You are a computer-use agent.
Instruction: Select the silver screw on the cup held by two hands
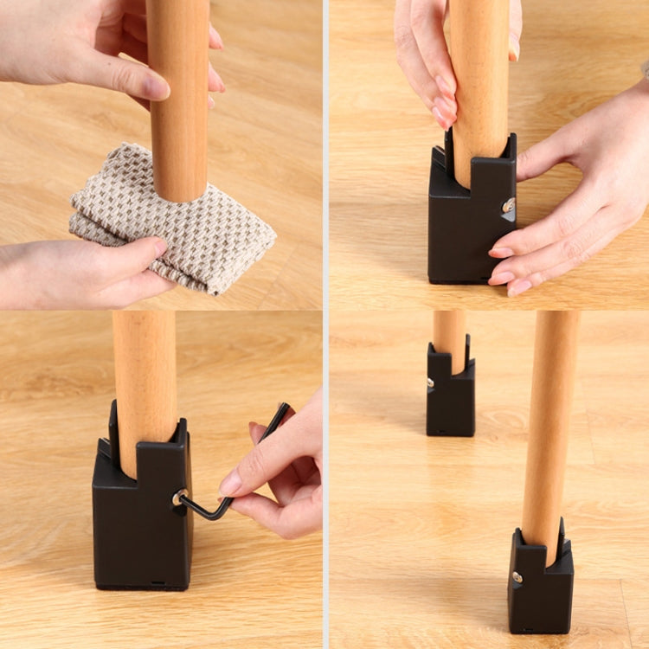tap(509, 205)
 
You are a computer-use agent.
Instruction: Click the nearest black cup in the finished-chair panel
tap(540, 588)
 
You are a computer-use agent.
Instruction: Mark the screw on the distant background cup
tap(430, 382)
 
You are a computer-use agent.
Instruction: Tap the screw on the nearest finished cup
tap(517, 576)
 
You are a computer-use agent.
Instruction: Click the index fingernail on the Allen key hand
tap(231, 483)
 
